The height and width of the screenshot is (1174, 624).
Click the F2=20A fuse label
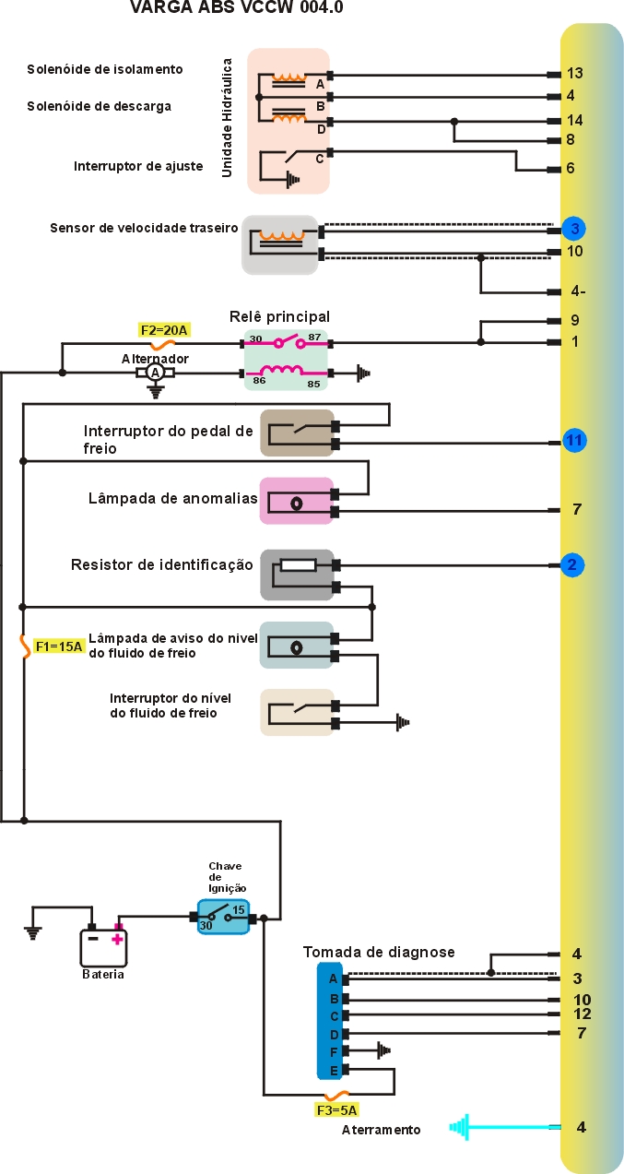pos(164,328)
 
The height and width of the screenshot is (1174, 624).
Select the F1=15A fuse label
pos(59,646)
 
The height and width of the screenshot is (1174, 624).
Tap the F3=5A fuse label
pos(336,1110)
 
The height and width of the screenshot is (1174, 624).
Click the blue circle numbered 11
pos(574,440)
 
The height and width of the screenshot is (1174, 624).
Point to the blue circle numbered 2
pos(571,564)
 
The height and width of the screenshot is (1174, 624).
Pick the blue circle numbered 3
pos(573,228)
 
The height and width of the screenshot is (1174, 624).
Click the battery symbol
pos(103,945)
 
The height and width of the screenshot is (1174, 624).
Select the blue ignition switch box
pos(223,917)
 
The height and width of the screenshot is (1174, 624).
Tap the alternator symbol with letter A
pos(156,373)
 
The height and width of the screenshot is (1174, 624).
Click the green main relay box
pos(286,358)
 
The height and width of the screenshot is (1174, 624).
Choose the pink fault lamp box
pos(296,501)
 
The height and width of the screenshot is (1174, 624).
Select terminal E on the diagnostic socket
pos(333,1070)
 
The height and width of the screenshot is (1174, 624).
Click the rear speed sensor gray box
pos(279,244)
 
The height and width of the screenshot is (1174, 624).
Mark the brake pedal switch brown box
pos(297,433)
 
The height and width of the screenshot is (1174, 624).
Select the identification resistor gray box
pos(296,575)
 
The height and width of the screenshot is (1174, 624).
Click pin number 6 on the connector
pos(571,169)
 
